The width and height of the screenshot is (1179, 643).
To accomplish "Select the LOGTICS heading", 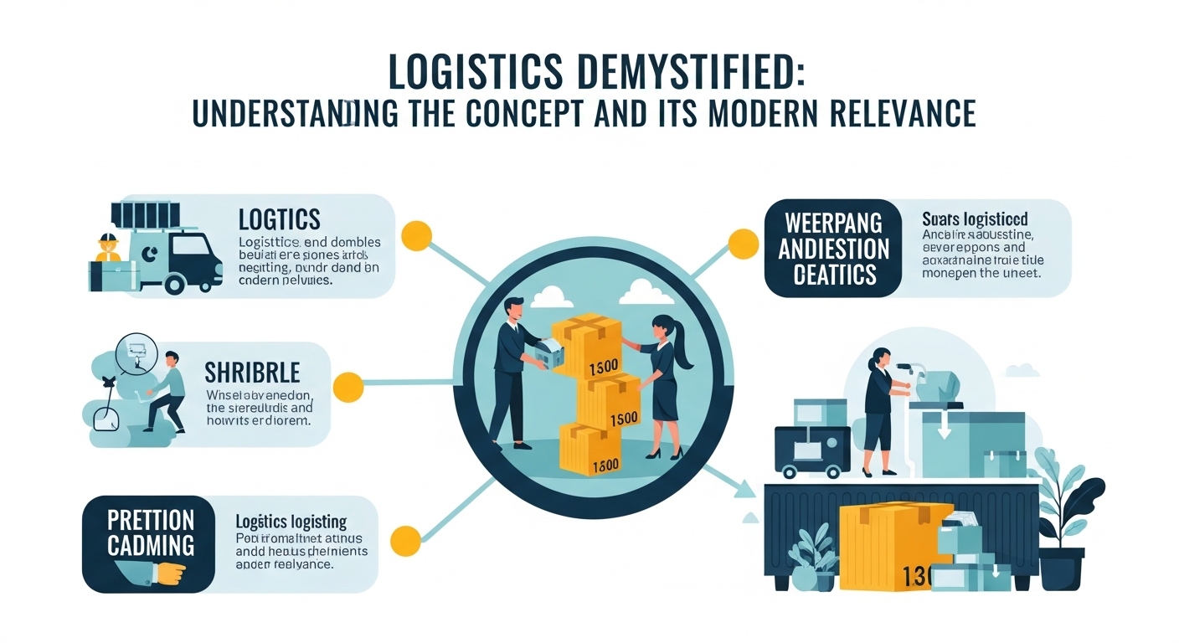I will (x=279, y=219).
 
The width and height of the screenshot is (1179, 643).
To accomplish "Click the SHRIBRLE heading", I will (x=253, y=373).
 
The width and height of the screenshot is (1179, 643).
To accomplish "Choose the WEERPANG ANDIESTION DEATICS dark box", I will (x=834, y=249).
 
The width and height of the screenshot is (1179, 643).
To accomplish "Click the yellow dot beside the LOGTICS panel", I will (x=416, y=235).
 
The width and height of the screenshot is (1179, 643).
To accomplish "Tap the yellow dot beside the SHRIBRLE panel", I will (x=348, y=387).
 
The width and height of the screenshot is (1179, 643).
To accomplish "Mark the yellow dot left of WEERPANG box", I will (x=743, y=244).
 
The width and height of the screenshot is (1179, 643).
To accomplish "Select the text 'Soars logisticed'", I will (x=975, y=220).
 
